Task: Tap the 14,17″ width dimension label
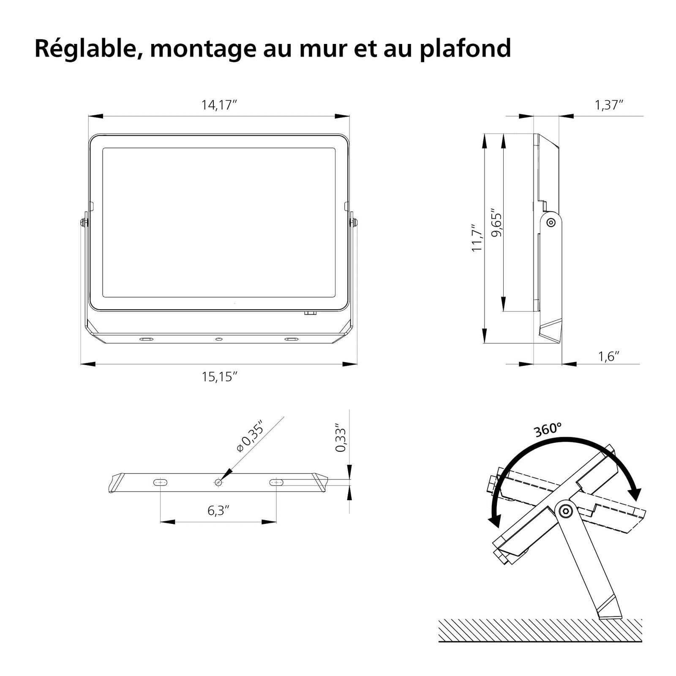[x=219, y=105]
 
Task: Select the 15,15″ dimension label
[x=219, y=376]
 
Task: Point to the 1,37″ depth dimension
[x=609, y=105]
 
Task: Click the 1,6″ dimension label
[x=608, y=357]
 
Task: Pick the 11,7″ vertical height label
[x=477, y=238]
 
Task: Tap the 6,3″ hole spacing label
[x=218, y=510]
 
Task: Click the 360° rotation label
[x=548, y=430]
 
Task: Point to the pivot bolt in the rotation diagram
[x=564, y=511]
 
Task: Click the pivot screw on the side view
[x=551, y=222]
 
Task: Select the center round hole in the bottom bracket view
[x=218, y=482]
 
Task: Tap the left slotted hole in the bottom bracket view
[x=160, y=482]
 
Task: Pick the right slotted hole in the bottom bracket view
[x=276, y=482]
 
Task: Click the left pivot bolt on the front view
[x=84, y=222]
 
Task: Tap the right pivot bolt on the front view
[x=354, y=222]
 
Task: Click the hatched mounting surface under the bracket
[x=540, y=630]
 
